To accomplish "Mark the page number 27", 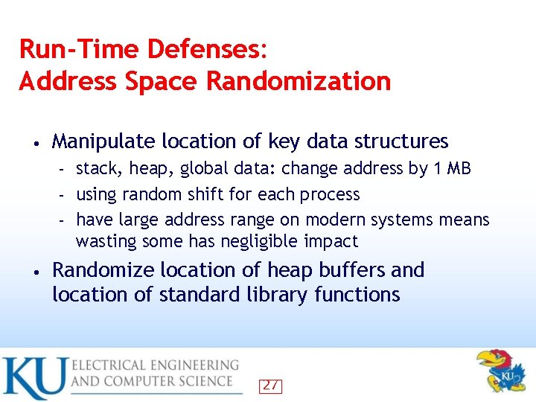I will [270, 386].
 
